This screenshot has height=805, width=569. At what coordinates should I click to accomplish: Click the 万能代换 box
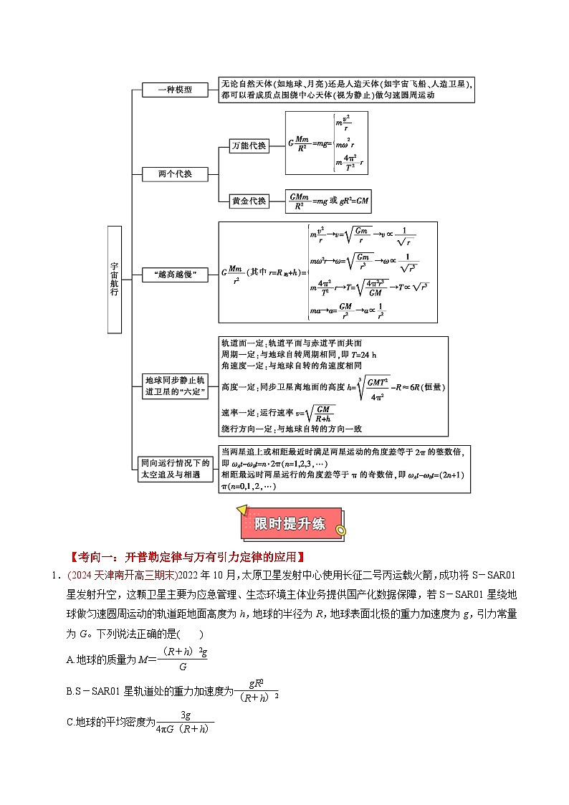[249, 146]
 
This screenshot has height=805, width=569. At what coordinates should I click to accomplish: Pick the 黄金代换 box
[249, 201]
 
